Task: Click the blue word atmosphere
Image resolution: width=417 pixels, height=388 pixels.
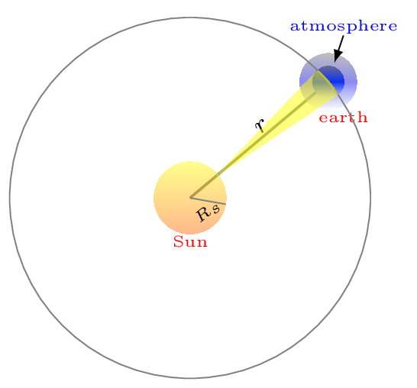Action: click(344, 27)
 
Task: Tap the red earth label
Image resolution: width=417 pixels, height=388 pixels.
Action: click(344, 118)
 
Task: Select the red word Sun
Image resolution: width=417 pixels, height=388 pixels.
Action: click(190, 242)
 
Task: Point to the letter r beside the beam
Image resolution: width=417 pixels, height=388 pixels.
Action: click(260, 125)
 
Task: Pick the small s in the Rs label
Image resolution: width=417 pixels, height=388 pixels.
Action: click(216, 209)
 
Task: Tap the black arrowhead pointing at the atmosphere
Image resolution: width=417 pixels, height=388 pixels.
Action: click(338, 56)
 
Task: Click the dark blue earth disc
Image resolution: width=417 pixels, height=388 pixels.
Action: click(328, 82)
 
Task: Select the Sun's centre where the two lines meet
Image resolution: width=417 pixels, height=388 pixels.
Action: click(190, 198)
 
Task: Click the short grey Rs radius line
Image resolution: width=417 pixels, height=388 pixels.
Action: click(208, 201)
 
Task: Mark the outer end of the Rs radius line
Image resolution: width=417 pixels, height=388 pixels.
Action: click(226, 204)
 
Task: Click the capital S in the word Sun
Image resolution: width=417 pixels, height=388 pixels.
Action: click(178, 241)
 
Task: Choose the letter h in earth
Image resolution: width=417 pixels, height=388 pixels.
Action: click(363, 117)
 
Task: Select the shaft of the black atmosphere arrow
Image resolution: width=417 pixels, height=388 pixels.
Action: click(341, 44)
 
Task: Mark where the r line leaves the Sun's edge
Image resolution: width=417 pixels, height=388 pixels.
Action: click(218, 174)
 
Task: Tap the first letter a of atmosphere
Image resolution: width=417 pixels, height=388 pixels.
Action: click(294, 27)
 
